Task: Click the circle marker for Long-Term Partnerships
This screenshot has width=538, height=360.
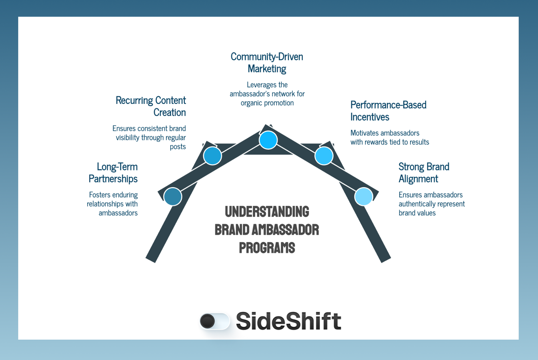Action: click(x=173, y=197)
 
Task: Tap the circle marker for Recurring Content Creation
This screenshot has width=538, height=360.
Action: click(x=213, y=156)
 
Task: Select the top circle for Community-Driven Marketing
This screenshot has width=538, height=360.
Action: click(x=268, y=140)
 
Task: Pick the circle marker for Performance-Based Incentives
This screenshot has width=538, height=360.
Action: click(x=324, y=156)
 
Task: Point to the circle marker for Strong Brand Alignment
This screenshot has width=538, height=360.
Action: click(x=364, y=197)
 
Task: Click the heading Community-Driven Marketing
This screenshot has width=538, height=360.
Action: click(x=267, y=63)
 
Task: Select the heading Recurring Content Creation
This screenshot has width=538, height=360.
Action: click(x=151, y=106)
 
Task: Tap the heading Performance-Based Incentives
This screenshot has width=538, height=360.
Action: click(x=388, y=111)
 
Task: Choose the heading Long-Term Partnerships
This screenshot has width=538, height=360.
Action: click(x=113, y=173)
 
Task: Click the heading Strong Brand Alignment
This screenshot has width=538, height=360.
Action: click(x=423, y=173)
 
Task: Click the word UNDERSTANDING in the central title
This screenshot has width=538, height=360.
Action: click(x=267, y=212)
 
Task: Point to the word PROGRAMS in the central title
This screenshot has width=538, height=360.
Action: click(x=267, y=248)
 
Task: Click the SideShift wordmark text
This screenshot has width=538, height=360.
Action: click(x=289, y=321)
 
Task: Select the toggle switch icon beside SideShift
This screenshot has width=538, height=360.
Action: click(x=215, y=321)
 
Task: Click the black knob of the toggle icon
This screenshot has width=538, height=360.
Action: click(x=208, y=321)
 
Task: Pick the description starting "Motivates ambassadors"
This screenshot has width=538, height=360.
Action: click(x=390, y=137)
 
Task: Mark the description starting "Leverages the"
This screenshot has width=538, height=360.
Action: click(x=267, y=94)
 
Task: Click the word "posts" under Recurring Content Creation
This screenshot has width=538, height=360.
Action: click(x=178, y=147)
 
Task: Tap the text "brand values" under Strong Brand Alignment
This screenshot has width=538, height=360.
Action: click(x=417, y=213)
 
